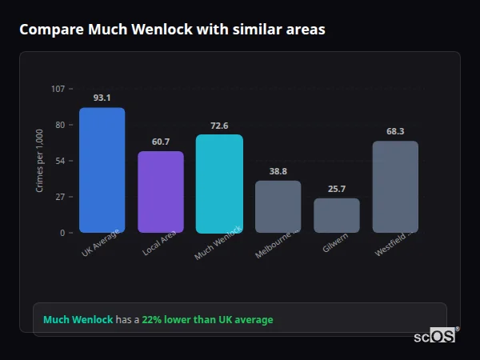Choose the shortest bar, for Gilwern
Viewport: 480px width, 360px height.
pos(337,215)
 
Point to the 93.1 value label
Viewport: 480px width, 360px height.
pos(102,98)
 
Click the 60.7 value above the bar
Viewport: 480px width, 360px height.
pos(161,142)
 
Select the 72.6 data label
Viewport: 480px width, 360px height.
pos(219,126)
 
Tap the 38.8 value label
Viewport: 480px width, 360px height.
pos(278,171)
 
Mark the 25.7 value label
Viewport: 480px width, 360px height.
pos(337,189)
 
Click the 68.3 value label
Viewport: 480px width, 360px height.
pos(395,131)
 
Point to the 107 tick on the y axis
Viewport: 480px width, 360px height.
pos(58,89)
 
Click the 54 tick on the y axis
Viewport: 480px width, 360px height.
pos(60,161)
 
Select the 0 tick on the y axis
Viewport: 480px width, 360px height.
pos(62,233)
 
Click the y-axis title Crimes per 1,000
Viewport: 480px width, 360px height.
pos(40,161)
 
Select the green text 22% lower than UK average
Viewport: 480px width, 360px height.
pos(207,320)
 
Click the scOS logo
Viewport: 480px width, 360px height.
pos(434,337)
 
